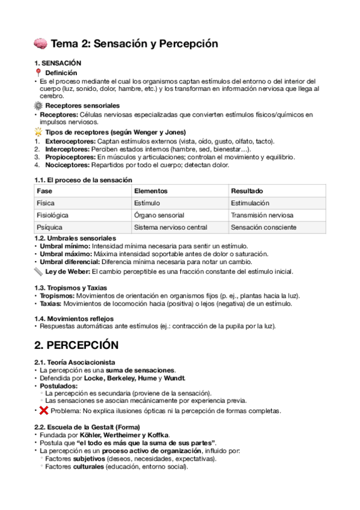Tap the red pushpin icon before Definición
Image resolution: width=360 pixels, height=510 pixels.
(40, 72)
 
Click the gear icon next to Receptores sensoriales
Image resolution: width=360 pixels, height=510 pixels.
(39, 106)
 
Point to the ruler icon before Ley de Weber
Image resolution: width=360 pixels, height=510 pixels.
(39, 271)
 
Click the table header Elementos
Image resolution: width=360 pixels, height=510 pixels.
(151, 191)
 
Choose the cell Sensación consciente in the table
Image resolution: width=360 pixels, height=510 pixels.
(263, 227)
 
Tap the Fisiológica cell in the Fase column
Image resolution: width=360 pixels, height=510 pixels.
(52, 215)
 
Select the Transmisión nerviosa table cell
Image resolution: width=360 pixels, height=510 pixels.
(262, 215)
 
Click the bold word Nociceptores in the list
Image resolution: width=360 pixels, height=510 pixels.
(58, 165)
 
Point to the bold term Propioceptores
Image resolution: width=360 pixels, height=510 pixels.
(62, 157)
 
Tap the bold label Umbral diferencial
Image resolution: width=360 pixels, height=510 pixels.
(69, 262)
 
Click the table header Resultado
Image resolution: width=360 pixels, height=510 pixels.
(246, 191)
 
